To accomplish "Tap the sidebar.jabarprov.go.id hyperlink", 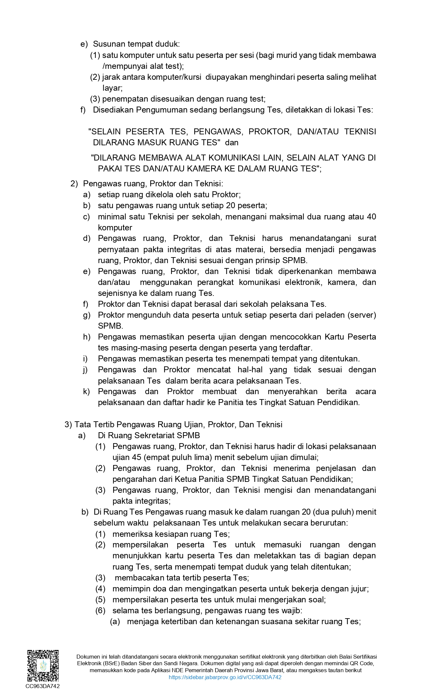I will [x=225, y=677].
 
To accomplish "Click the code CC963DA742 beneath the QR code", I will [x=43, y=686].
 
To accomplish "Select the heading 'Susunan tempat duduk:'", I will [x=136, y=44].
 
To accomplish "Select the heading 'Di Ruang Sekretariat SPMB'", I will [x=149, y=436].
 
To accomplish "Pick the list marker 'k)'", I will [x=86, y=392].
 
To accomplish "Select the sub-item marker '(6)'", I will [x=100, y=611].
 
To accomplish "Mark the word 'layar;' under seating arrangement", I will [x=113, y=88].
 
